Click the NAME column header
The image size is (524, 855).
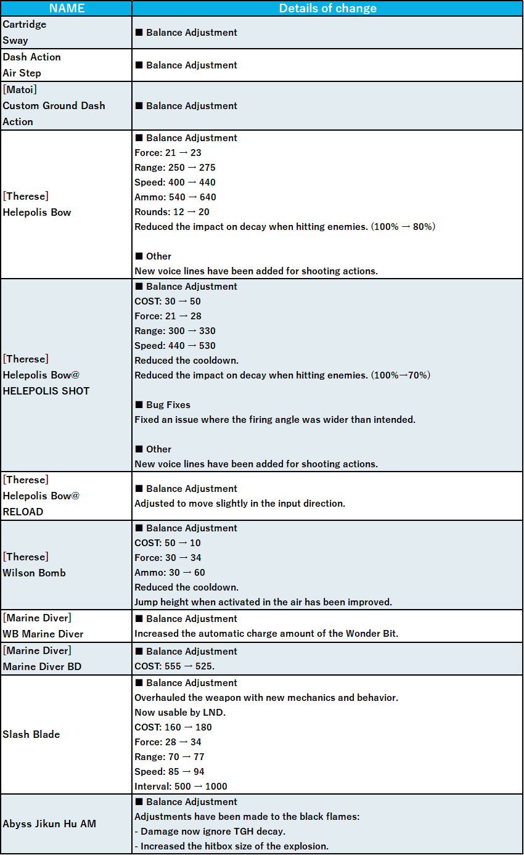click(66, 8)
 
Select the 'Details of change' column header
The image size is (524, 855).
click(327, 8)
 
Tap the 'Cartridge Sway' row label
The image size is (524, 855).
click(25, 33)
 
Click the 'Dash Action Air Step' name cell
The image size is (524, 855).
click(31, 65)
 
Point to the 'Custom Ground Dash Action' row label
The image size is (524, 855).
click(54, 105)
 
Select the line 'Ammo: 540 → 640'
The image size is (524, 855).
click(175, 197)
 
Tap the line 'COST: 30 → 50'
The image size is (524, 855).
click(168, 301)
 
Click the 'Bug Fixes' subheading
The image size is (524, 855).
click(168, 405)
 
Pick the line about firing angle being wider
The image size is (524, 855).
click(275, 420)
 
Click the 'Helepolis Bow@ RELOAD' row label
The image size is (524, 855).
click(41, 496)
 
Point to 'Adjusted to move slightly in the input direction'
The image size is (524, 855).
click(240, 504)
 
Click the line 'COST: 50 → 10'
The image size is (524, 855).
click(168, 543)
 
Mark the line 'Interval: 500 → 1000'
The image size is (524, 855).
click(181, 787)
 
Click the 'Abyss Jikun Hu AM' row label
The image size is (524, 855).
click(49, 824)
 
